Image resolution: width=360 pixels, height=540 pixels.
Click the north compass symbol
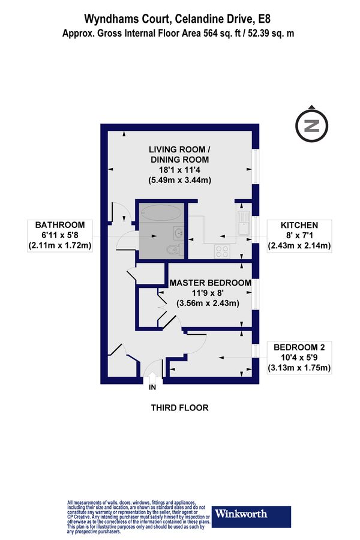tap(311, 125)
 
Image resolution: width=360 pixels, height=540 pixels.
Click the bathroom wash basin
tap(178, 232)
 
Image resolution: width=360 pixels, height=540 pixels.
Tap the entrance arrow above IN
tap(151, 378)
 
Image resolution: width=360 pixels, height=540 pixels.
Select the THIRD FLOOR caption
tap(179, 408)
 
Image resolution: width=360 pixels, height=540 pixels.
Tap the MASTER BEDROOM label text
tap(209, 283)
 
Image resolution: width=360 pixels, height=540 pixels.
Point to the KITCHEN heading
tap(297, 225)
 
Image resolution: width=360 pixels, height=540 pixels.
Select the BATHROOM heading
tap(59, 225)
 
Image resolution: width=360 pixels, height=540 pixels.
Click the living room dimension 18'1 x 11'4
tap(179, 170)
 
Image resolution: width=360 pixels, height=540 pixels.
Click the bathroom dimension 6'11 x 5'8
tap(59, 235)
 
